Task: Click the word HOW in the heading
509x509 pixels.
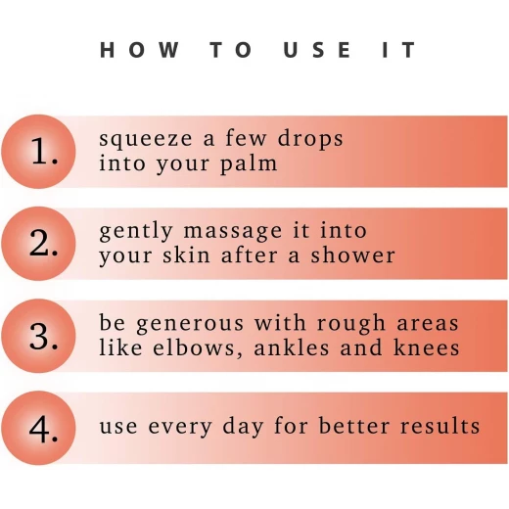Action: [x=139, y=50]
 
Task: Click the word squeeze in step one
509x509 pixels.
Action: [x=146, y=140]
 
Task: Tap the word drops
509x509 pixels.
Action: [x=310, y=138]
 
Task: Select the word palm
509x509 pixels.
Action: [x=249, y=163]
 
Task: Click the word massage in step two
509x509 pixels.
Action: [x=233, y=232]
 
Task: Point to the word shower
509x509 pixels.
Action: [x=352, y=254]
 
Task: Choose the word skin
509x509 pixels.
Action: [x=186, y=254]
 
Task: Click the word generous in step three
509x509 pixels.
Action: [x=190, y=324]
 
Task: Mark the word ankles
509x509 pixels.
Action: [x=292, y=347]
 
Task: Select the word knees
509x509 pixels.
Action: [x=427, y=347]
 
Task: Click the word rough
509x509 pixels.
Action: [x=351, y=324]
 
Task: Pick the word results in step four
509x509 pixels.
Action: [x=440, y=426]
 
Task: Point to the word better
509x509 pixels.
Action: [x=354, y=426]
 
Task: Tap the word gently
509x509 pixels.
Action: [x=136, y=232]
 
